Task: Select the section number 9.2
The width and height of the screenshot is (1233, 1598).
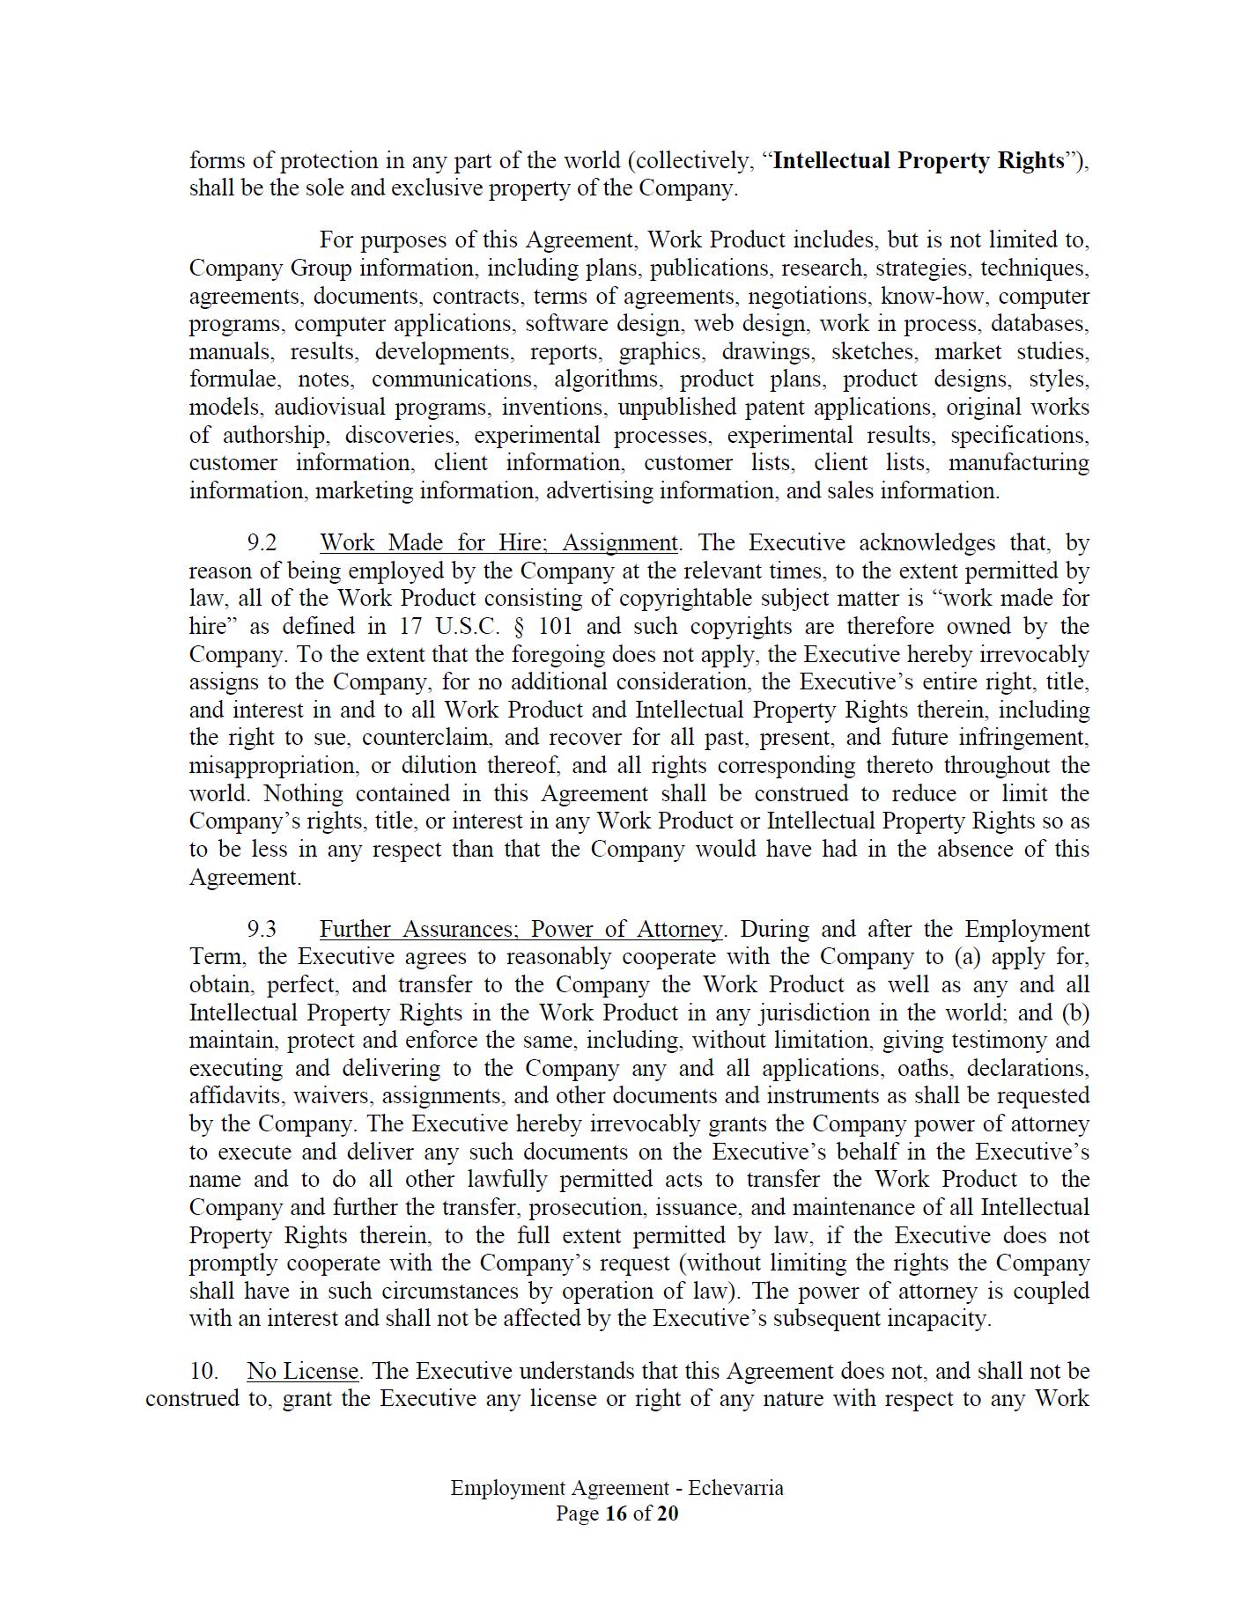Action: coord(262,543)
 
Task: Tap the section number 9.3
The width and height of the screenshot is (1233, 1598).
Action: coord(262,930)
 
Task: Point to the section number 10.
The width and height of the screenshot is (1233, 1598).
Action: coord(203,1372)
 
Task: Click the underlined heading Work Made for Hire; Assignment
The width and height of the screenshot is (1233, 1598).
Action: coord(498,543)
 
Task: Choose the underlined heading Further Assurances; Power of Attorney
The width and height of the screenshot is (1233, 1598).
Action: coord(521,930)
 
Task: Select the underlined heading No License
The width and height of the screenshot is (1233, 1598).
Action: coord(302,1372)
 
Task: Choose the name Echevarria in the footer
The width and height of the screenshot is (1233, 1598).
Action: coord(735,1488)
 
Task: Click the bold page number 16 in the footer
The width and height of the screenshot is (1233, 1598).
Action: coord(615,1513)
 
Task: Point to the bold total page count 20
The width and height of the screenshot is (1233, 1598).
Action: coord(668,1513)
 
